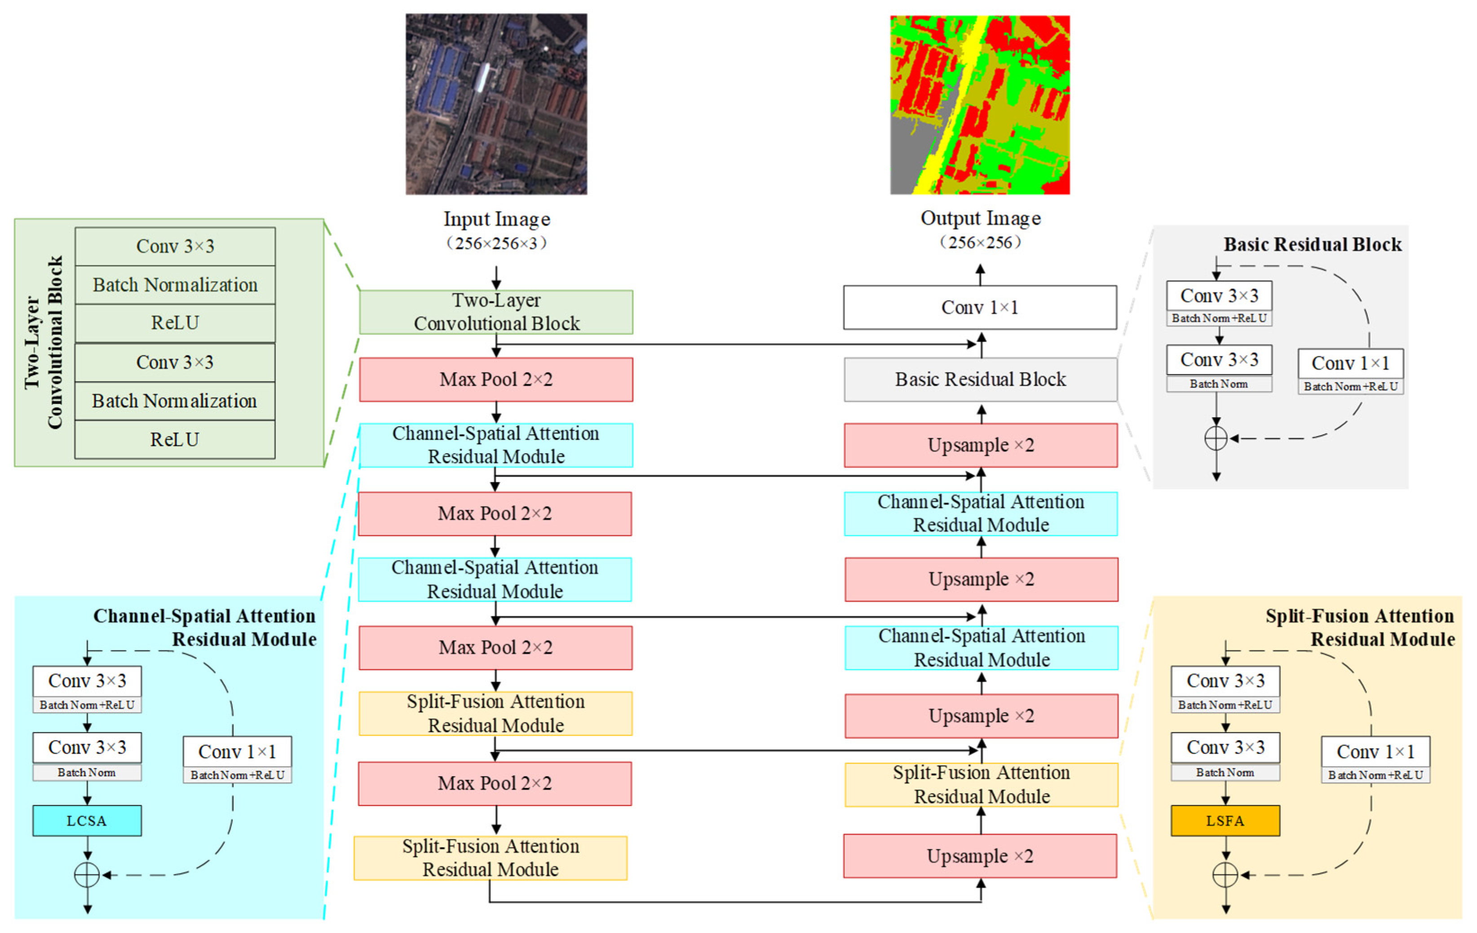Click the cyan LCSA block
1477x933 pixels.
pos(87,820)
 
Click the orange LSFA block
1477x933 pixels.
pos(1225,820)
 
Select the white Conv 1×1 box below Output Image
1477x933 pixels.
pos(980,307)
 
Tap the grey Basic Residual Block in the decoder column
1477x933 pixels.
pos(980,379)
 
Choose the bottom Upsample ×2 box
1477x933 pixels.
pos(980,855)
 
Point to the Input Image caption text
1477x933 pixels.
pos(496,219)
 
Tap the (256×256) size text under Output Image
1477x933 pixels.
pos(980,242)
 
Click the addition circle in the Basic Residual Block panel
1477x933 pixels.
pos(1216,438)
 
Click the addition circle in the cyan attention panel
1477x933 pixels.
pos(87,875)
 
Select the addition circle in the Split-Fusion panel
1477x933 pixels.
pos(1225,875)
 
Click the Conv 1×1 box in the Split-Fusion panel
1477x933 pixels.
pos(1375,752)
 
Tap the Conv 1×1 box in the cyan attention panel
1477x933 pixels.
pos(237,752)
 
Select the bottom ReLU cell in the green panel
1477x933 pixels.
pos(175,439)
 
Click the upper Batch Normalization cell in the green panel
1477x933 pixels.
pos(175,285)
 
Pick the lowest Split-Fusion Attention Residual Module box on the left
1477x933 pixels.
pos(490,858)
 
